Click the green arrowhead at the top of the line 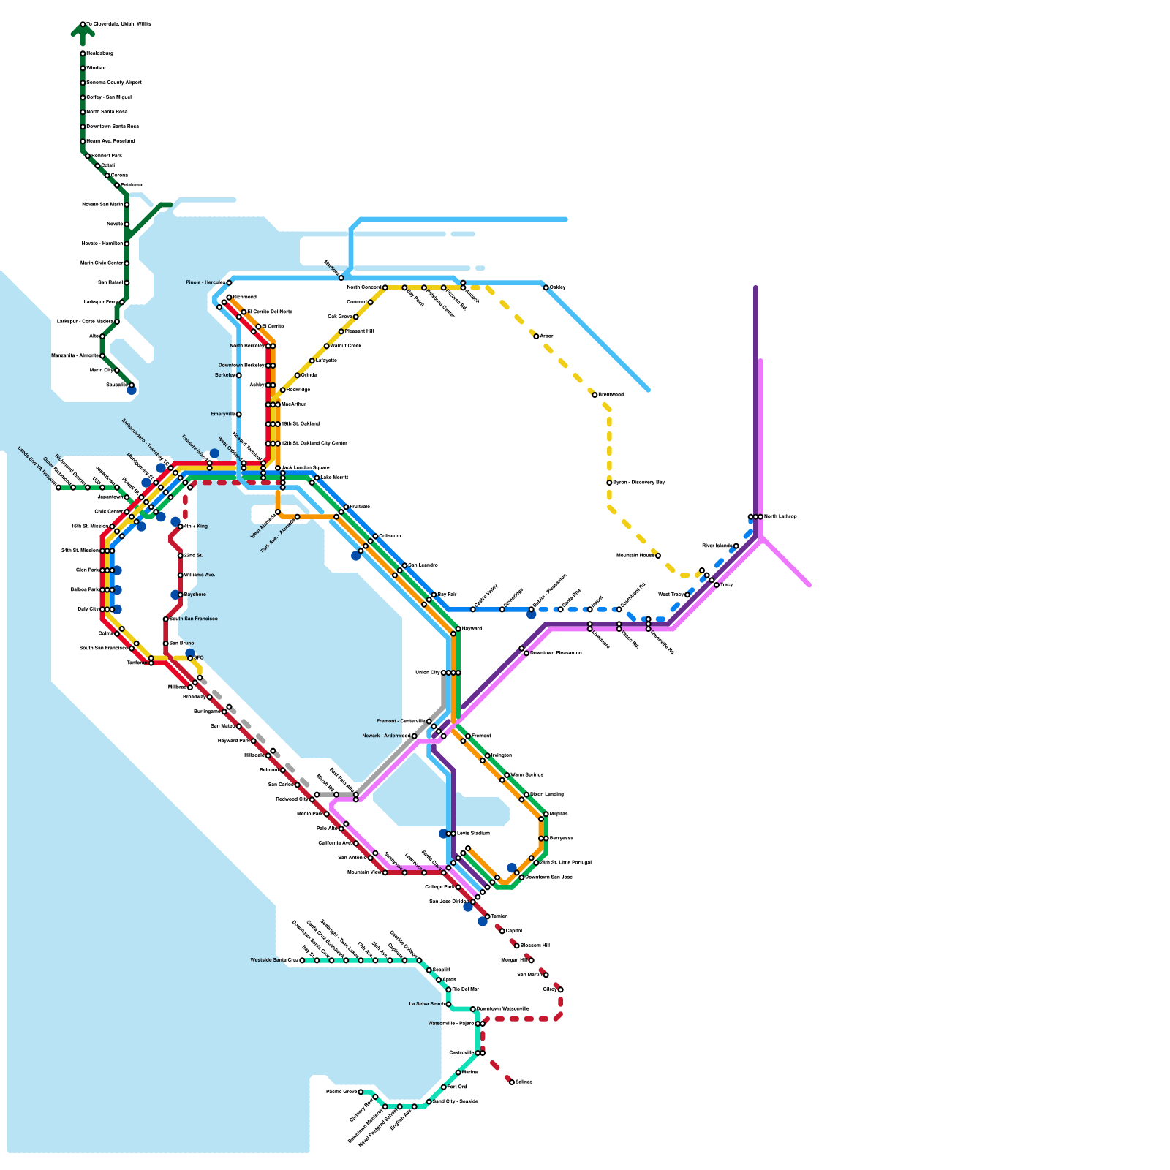(x=83, y=29)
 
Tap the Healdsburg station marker (x=83, y=53)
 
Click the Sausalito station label (x=117, y=385)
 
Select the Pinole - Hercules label (x=205, y=282)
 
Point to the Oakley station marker (x=546, y=288)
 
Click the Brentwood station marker (x=595, y=395)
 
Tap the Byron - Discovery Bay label (x=638, y=483)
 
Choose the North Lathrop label (x=780, y=517)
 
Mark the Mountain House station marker (x=658, y=556)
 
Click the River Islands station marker (x=736, y=546)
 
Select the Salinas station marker (x=512, y=1082)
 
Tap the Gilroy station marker (x=561, y=989)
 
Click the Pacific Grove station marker (x=361, y=1092)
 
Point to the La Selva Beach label (x=426, y=1004)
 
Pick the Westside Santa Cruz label (x=274, y=960)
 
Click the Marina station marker (x=458, y=1073)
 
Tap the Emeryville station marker (x=238, y=415)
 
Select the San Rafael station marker (x=127, y=282)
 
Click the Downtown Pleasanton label (x=556, y=653)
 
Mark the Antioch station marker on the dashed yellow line (x=464, y=288)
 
